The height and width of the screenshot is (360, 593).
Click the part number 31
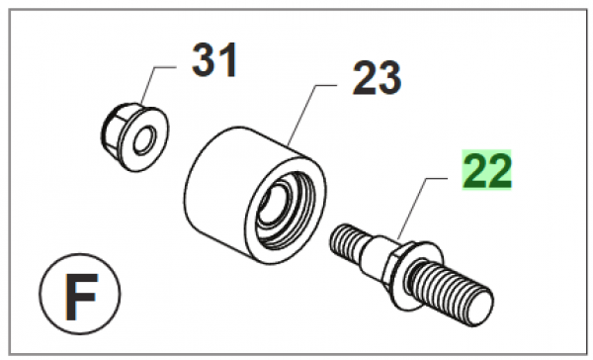coord(214,59)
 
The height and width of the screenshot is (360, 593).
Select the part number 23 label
coord(377,77)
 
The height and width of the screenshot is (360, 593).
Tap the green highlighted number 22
coord(486,169)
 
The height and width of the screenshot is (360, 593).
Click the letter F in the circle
coord(81,297)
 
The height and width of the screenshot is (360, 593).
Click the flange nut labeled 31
coord(135,137)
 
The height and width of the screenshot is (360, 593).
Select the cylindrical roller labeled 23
coord(255,196)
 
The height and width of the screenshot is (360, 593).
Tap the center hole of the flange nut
coord(144,140)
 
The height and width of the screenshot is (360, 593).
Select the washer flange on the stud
coord(420,273)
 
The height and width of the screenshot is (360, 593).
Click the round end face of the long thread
coord(480,307)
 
